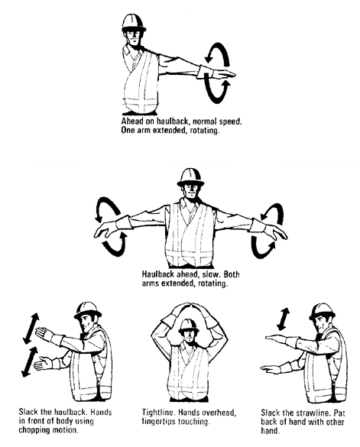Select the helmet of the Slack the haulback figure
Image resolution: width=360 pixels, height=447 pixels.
coord(87,310)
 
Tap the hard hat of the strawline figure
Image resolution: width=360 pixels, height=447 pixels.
coord(322,311)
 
